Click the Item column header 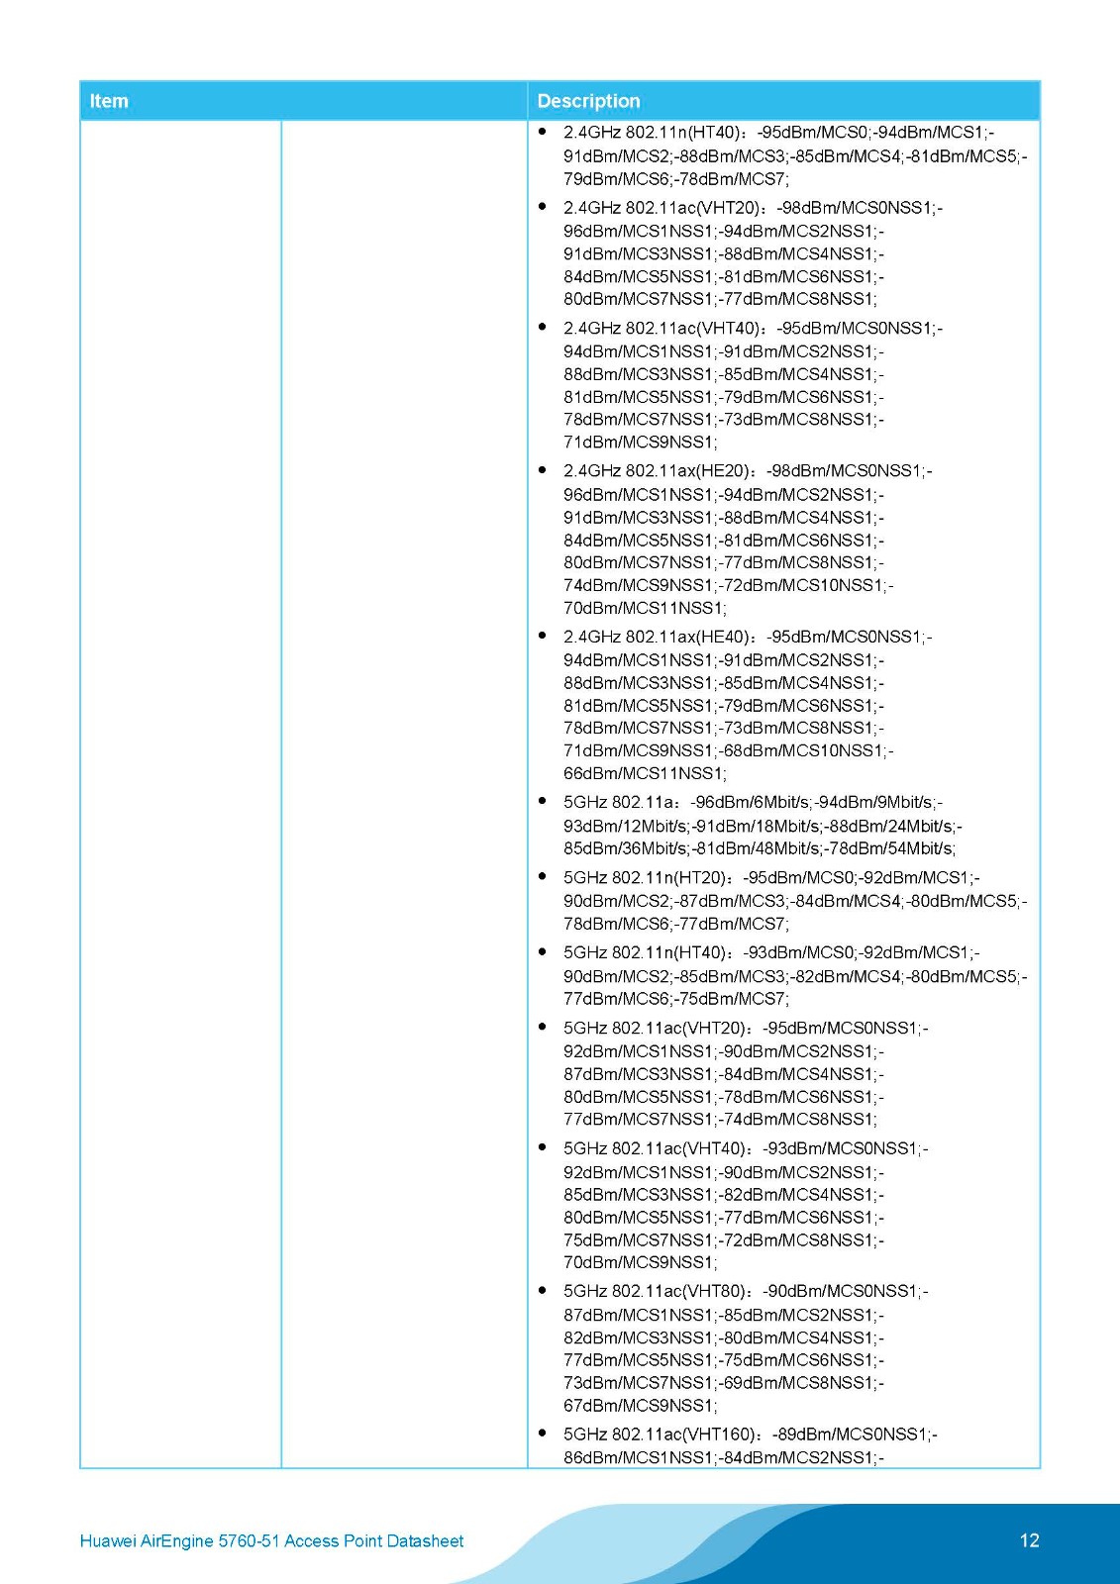[109, 101]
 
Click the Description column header [588, 101]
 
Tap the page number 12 [1029, 1540]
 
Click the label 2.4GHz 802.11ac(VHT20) [662, 208]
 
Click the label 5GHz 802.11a [620, 802]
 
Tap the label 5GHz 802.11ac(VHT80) [655, 1291]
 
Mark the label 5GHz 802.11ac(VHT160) [659, 1435]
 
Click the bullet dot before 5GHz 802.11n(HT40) [543, 951]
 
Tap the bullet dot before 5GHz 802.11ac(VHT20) [543, 1027]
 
